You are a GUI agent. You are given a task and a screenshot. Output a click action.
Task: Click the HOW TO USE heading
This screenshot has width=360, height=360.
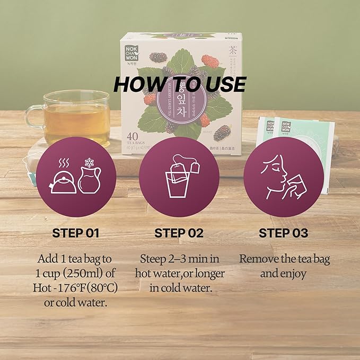pyautogui.click(x=180, y=84)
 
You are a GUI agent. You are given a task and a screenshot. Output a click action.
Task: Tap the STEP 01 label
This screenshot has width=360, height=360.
pyautogui.click(x=76, y=233)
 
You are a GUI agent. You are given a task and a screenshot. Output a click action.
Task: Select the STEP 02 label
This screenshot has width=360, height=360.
pyautogui.click(x=180, y=233)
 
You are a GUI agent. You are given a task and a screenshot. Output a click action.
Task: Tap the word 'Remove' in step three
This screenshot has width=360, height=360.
pyautogui.click(x=258, y=259)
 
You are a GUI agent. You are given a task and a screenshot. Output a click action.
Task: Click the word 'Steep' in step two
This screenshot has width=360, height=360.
pyautogui.click(x=153, y=259)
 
